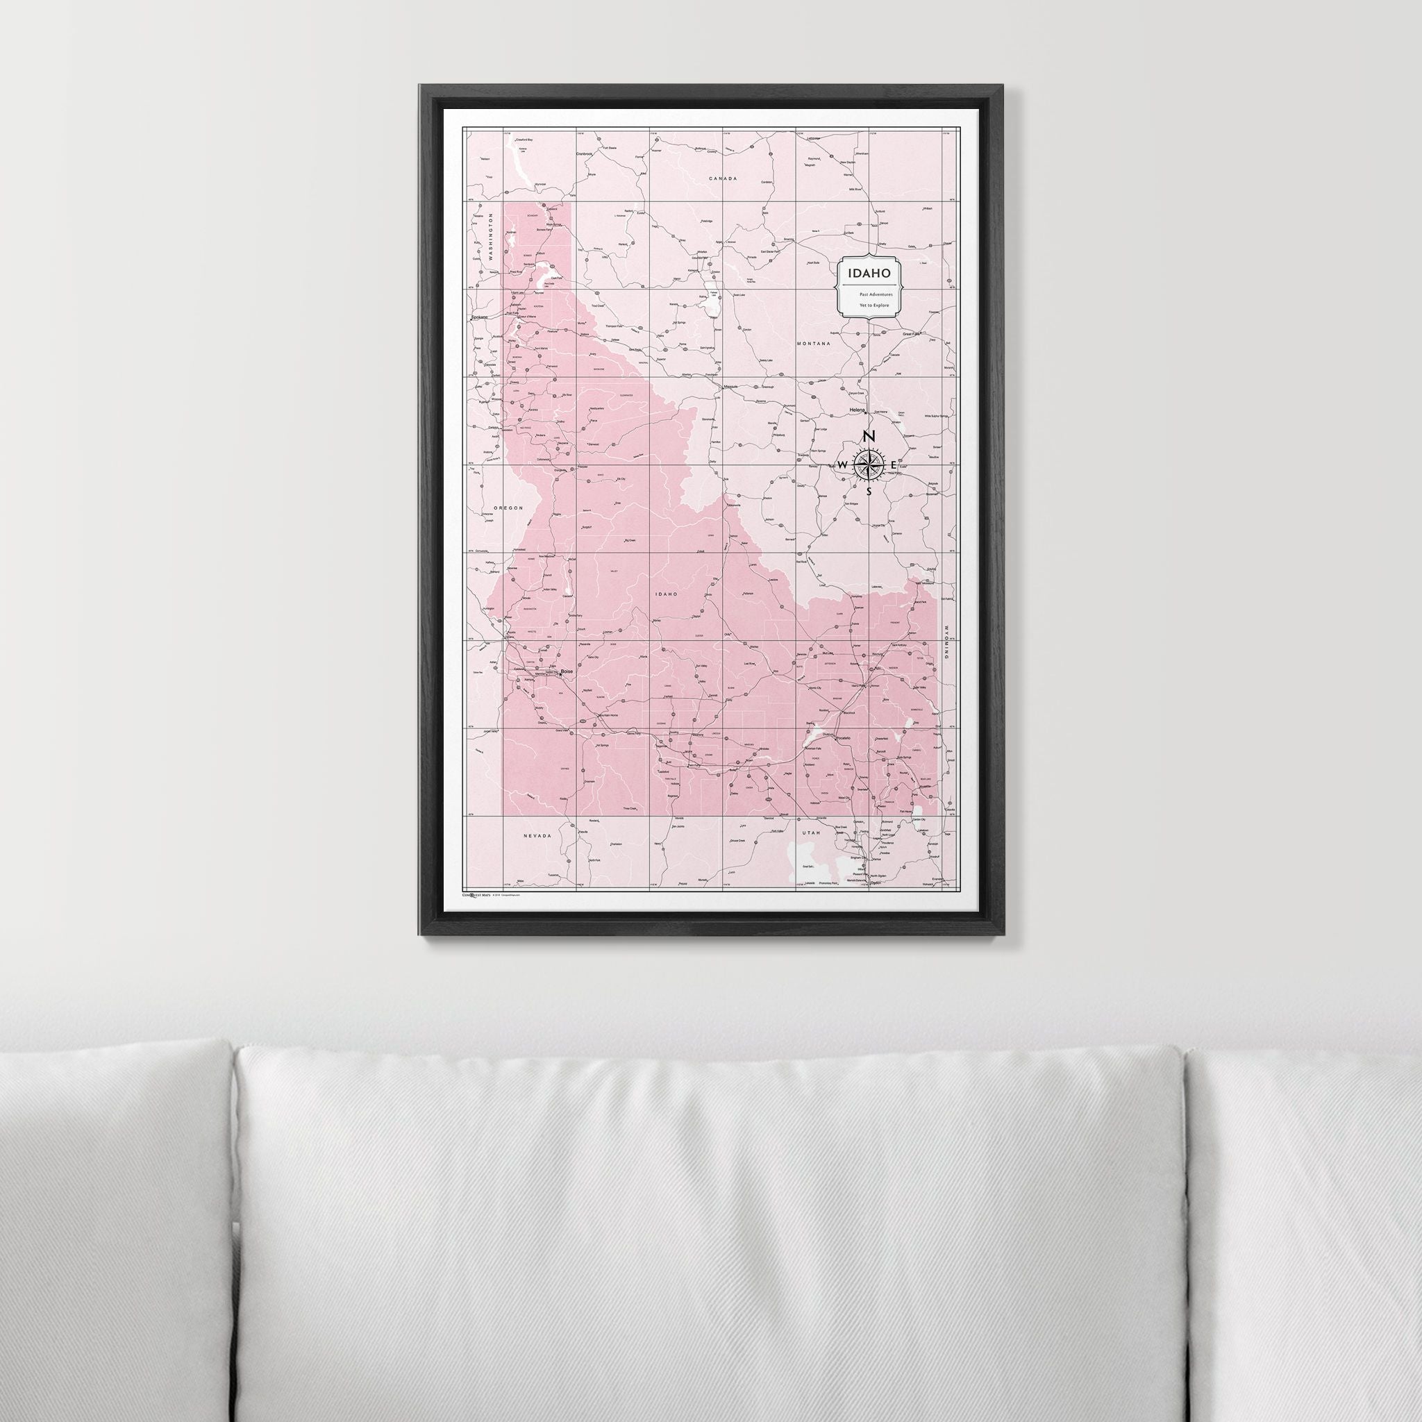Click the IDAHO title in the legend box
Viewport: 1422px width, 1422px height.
click(x=869, y=273)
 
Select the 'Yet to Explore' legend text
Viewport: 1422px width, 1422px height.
click(x=869, y=304)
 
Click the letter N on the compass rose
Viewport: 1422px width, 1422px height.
click(x=869, y=437)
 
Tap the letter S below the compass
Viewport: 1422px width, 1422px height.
click(x=869, y=491)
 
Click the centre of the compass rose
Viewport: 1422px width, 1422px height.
click(x=869, y=465)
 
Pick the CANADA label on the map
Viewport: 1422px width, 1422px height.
click(x=723, y=179)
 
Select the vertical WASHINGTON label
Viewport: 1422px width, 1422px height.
click(x=489, y=237)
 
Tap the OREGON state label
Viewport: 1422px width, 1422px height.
click(x=508, y=508)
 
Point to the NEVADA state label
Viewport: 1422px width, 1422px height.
click(x=537, y=836)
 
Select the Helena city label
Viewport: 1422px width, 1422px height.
click(x=857, y=409)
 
